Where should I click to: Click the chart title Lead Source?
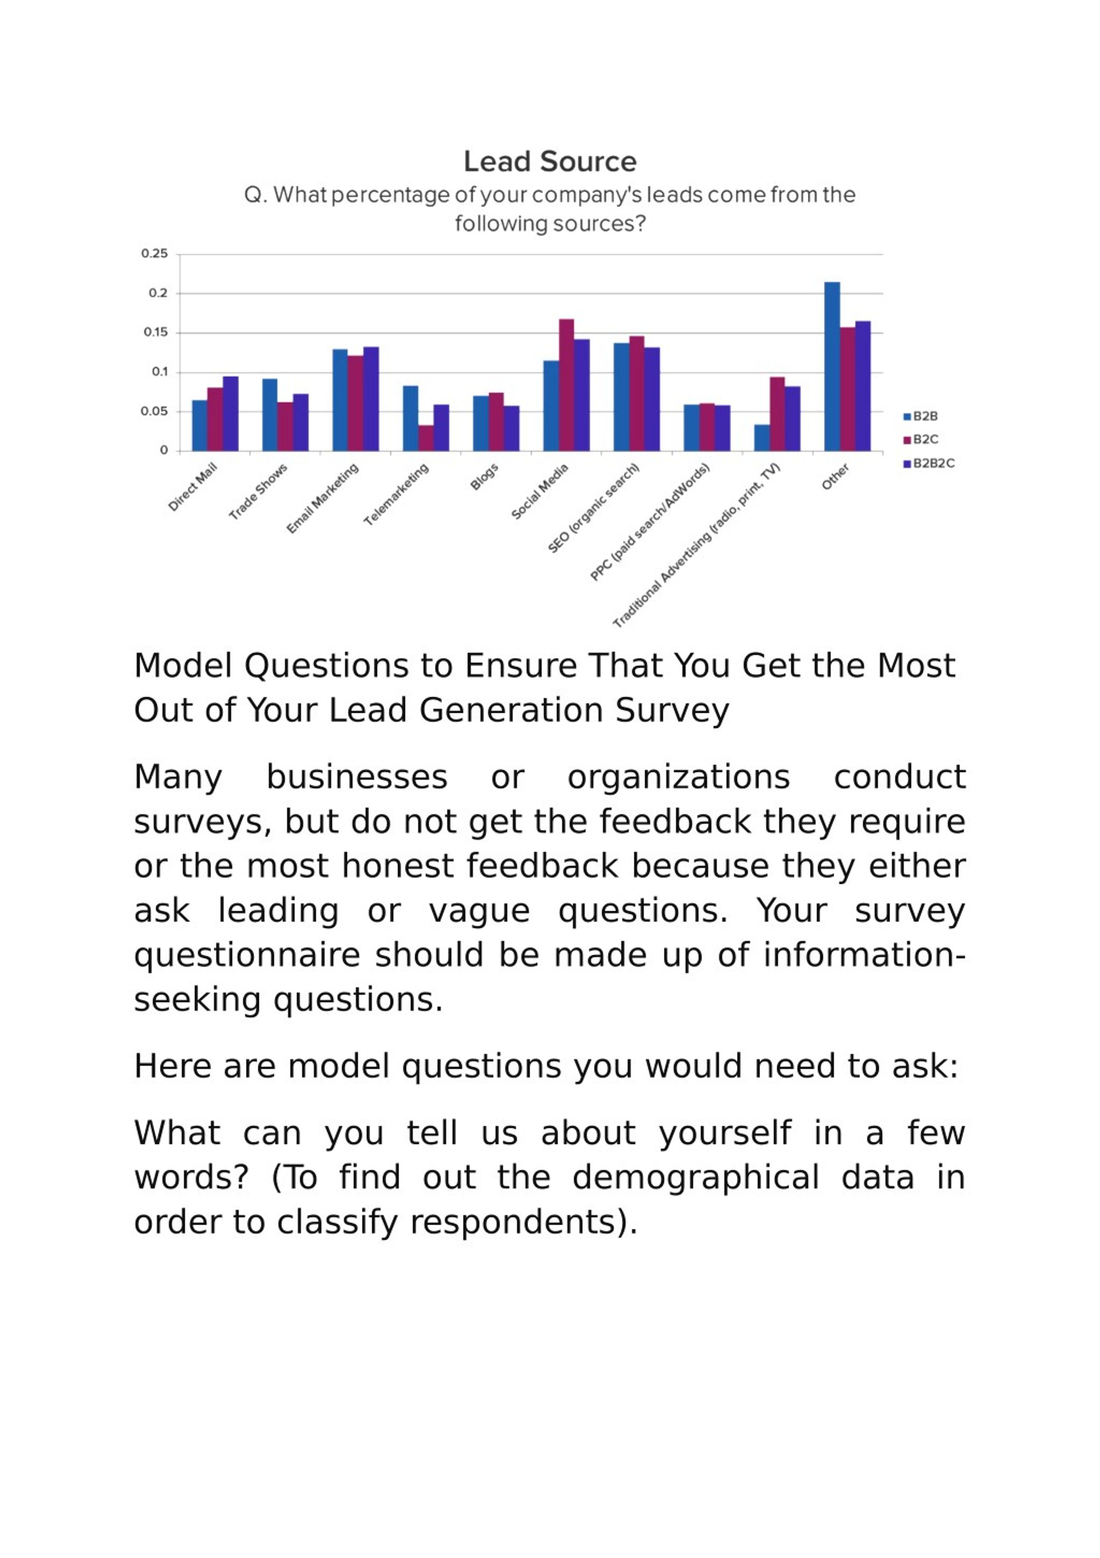pyautogui.click(x=550, y=162)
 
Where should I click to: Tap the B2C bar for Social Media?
pyautogui.click(x=566, y=385)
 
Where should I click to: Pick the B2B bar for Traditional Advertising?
pyautogui.click(x=761, y=438)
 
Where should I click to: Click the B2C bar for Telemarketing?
pyautogui.click(x=426, y=438)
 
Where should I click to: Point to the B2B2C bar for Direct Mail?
pyautogui.click(x=231, y=414)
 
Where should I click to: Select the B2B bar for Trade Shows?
pyautogui.click(x=269, y=415)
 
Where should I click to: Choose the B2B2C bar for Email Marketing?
pyautogui.click(x=371, y=399)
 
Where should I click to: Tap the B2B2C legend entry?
pyautogui.click(x=929, y=464)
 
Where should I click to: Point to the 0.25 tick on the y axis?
pyautogui.click(x=155, y=253)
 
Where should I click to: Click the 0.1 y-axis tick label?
pyautogui.click(x=159, y=372)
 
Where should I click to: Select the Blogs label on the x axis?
pyautogui.click(x=484, y=476)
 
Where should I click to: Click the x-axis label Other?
pyautogui.click(x=835, y=476)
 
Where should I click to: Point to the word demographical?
pyautogui.click(x=696, y=1177)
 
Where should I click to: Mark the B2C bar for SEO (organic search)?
pyautogui.click(x=636, y=393)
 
